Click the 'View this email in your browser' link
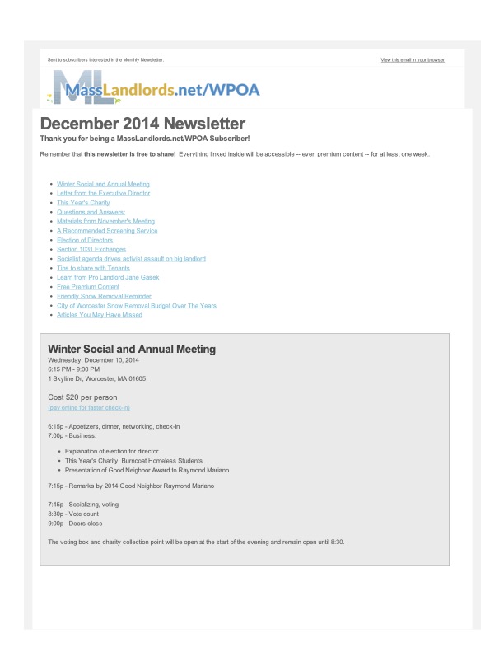(413, 60)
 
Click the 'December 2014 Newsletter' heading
(142, 124)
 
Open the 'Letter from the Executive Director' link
(104, 193)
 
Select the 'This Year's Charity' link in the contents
(83, 202)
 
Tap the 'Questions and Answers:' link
(91, 212)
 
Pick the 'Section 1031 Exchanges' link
(91, 249)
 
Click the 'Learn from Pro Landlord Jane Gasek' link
(108, 277)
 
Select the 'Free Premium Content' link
(88, 287)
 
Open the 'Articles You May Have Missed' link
(100, 315)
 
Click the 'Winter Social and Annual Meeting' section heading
(132, 349)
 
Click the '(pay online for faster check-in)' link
(89, 407)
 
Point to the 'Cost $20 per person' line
(88, 397)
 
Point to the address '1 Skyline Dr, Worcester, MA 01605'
(97, 379)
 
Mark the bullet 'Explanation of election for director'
(112, 451)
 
